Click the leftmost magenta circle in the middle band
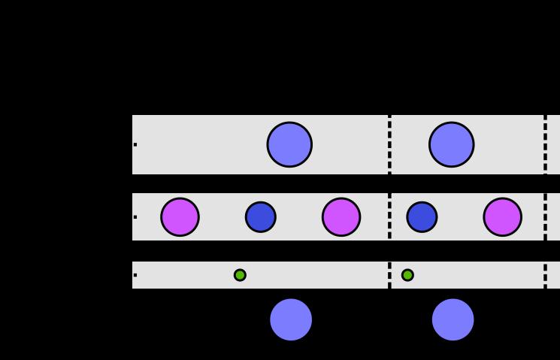180,217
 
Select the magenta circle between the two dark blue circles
341,217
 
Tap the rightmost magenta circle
502,217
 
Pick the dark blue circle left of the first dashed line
261,217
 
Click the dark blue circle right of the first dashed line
422,217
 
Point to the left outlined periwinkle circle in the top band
289,144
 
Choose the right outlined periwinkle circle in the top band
452,144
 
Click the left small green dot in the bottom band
240,275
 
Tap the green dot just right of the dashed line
407,275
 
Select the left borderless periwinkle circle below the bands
291,319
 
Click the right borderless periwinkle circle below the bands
453,319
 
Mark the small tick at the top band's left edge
135,144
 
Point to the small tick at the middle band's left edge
135,217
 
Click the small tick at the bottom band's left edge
135,275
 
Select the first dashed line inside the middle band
389,217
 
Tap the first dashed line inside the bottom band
389,275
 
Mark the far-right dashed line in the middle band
545,217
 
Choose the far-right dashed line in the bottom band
545,275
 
